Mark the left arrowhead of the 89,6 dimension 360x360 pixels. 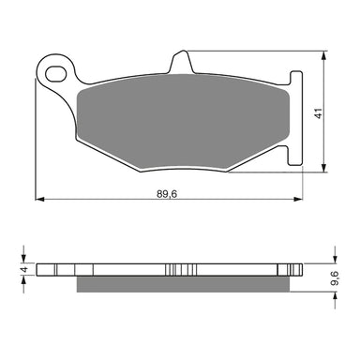click(x=39, y=201)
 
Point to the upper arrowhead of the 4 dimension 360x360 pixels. click(x=25, y=259)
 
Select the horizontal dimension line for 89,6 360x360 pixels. click(x=112, y=201)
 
